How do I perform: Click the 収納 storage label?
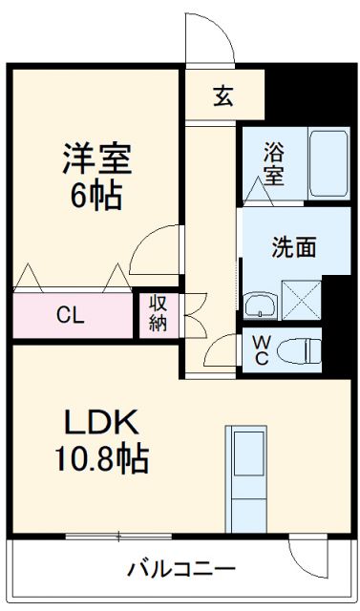pos(159,314)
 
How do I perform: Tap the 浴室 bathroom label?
pos(274,162)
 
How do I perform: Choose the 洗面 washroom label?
pos(293,247)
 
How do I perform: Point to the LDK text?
pos(102,421)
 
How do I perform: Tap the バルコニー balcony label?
pos(180,570)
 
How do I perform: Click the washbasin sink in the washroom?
pos(260,305)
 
